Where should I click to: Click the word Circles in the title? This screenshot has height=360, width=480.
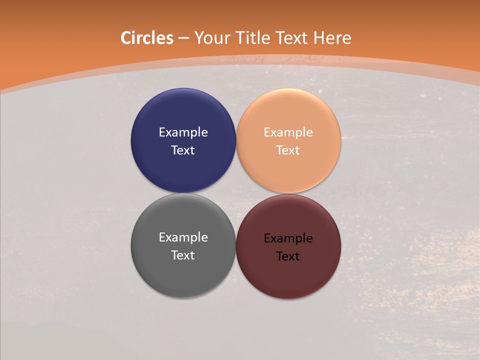(147, 38)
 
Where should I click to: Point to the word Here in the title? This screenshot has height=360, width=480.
(332, 38)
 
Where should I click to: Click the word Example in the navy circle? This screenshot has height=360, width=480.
(183, 132)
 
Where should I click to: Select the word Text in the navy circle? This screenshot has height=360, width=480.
(183, 150)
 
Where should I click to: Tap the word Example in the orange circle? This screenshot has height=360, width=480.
(288, 132)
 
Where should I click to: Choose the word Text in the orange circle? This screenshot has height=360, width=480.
(288, 150)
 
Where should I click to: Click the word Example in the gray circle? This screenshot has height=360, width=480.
(183, 237)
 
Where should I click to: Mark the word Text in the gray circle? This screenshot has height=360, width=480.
(183, 255)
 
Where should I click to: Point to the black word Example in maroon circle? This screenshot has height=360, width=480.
(288, 238)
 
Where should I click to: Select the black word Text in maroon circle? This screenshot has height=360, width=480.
(288, 256)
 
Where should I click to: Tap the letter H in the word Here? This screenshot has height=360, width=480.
(319, 38)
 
